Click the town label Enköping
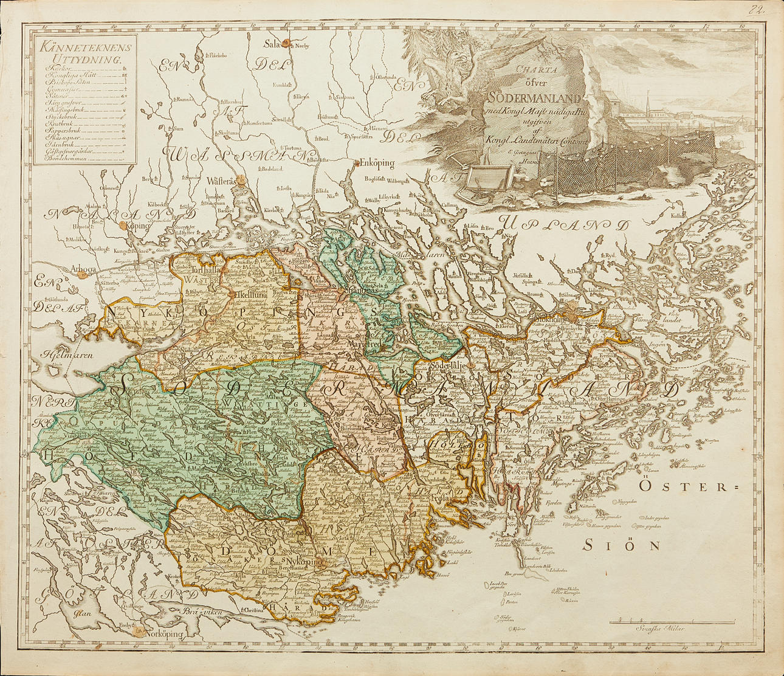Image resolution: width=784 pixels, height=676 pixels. tap(377, 164)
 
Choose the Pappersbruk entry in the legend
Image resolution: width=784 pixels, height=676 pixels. tap(64, 130)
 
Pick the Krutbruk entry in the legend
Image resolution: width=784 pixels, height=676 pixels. tap(60, 123)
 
